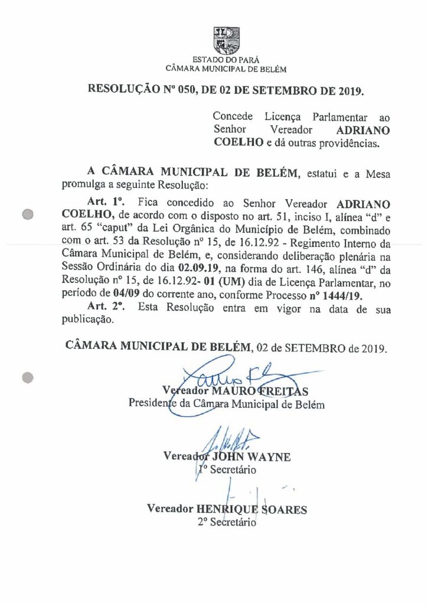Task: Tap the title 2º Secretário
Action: (x=227, y=522)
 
